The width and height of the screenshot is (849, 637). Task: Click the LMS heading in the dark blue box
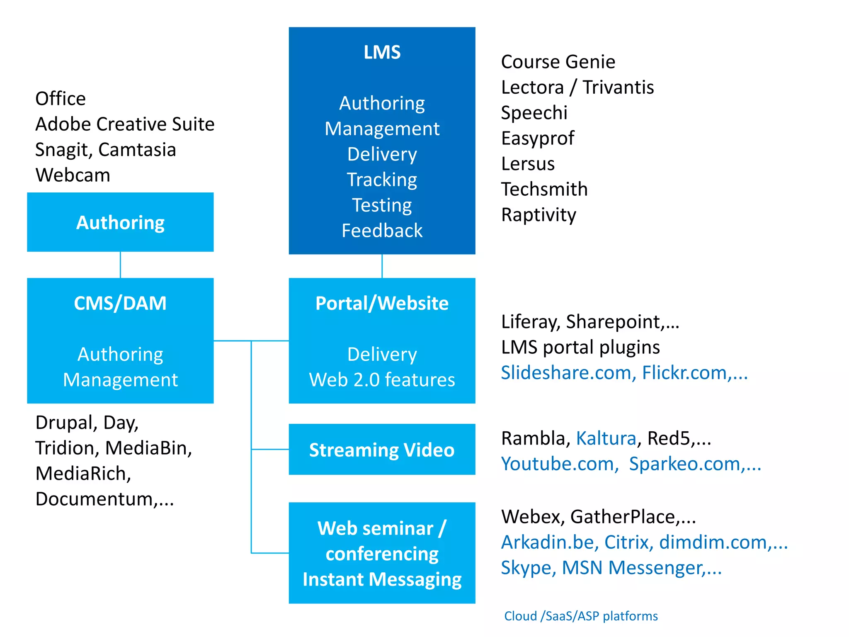coord(382,53)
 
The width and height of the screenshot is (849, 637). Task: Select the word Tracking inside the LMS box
coord(382,180)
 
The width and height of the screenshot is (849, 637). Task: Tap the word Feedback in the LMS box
coord(382,231)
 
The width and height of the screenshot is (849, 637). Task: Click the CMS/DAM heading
coord(120,303)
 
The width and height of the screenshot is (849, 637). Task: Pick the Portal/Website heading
coord(382,303)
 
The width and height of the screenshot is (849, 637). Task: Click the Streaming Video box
coord(382,450)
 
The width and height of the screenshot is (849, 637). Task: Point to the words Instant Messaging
coord(382,579)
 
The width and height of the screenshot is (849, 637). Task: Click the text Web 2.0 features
coord(382,380)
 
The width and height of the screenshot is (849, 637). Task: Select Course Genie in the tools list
coord(558,62)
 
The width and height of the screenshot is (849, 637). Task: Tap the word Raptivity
coord(539,215)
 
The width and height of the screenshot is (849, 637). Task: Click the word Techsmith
coord(544,190)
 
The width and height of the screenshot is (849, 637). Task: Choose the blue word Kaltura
coord(606,438)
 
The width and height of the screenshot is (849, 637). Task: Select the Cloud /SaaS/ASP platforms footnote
coord(581,616)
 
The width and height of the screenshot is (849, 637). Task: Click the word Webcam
coord(73,175)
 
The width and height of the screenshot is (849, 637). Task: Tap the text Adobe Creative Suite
coord(125,124)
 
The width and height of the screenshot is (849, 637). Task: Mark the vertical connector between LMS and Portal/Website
coord(382,266)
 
